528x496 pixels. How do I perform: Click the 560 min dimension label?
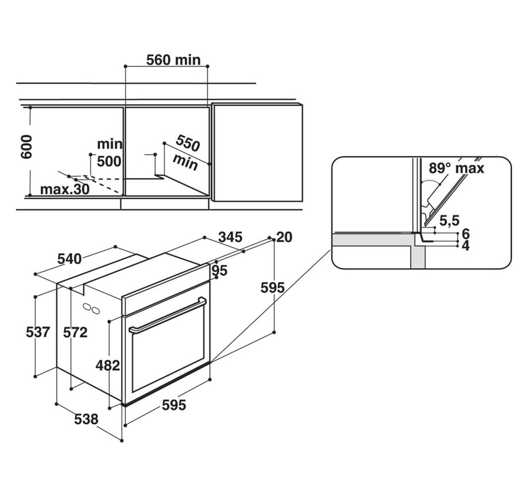tap(173, 60)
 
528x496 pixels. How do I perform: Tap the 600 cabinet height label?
tap(26, 147)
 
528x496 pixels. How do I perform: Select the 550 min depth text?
tap(186, 152)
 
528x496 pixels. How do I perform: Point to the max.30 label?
tap(65, 190)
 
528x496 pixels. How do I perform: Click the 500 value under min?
tap(109, 162)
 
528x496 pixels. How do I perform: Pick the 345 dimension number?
tap(230, 237)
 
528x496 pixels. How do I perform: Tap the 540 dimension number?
tap(70, 259)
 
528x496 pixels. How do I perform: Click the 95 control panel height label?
tap(220, 270)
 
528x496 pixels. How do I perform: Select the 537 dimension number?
tap(38, 332)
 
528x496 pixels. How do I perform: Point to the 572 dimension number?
tap(76, 333)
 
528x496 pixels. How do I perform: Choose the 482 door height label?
tap(108, 365)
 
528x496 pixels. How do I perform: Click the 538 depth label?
tap(86, 419)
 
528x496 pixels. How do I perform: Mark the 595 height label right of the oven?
tap(273, 288)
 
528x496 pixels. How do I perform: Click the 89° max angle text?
tap(457, 168)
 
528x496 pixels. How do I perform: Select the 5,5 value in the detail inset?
tap(449, 221)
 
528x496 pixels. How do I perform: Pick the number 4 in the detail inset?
tap(466, 246)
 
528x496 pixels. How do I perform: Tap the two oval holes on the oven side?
tap(91, 308)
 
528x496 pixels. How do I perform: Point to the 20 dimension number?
tap(284, 237)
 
